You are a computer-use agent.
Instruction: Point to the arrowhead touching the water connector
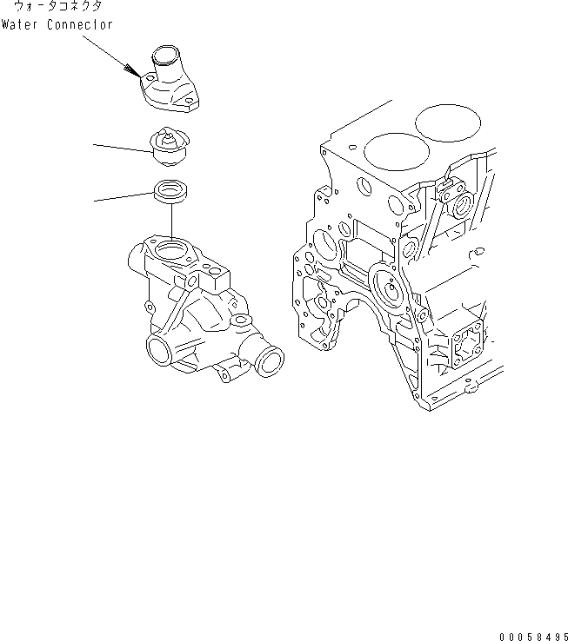(136, 74)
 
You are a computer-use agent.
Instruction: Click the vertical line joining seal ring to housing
(170, 222)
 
